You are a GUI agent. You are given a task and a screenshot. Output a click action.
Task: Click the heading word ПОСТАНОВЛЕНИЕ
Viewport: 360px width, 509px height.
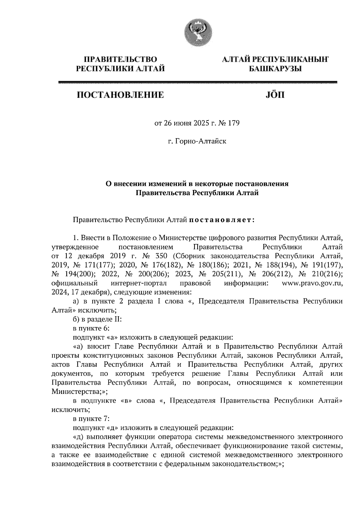pyautogui.click(x=121, y=96)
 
